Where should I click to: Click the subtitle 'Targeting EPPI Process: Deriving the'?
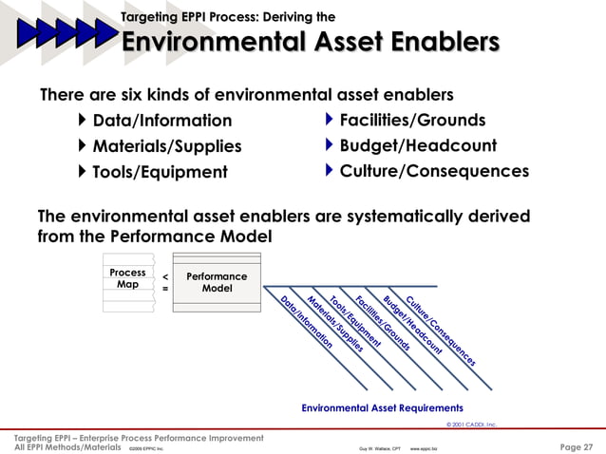tap(228, 16)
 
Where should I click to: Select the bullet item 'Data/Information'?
tap(161, 121)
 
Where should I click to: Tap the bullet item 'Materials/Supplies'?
tap(166, 146)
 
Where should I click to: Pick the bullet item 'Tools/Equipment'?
tap(160, 172)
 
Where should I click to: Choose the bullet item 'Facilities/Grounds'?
tap(412, 120)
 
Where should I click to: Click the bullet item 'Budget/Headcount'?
tap(418, 145)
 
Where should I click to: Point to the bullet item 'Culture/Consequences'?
tap(434, 171)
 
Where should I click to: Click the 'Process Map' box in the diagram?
tap(127, 278)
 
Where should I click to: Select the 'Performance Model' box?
tap(217, 282)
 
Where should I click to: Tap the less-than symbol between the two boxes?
tap(166, 275)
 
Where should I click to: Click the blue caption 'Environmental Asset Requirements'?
tap(382, 407)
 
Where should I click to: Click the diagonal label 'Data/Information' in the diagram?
tap(306, 324)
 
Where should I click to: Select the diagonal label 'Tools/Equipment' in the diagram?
tap(354, 318)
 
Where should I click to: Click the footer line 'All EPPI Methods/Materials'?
tap(67, 446)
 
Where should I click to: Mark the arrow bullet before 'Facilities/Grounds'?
tap(330, 120)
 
